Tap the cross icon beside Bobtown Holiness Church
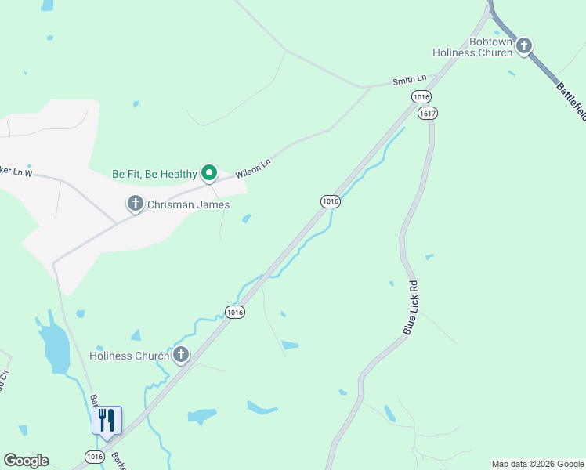[524, 46]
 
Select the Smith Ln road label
[410, 79]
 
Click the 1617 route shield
[427, 114]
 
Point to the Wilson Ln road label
[254, 168]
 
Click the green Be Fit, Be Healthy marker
[209, 172]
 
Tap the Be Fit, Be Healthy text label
[154, 174]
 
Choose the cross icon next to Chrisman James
[135, 204]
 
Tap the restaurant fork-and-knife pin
[107, 421]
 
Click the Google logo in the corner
[26, 461]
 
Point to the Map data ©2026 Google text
[537, 464]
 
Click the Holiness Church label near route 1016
[129, 356]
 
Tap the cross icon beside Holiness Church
[181, 356]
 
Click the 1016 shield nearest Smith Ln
[421, 96]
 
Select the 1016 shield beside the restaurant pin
[94, 457]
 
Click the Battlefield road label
[570, 101]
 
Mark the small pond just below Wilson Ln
[247, 219]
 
